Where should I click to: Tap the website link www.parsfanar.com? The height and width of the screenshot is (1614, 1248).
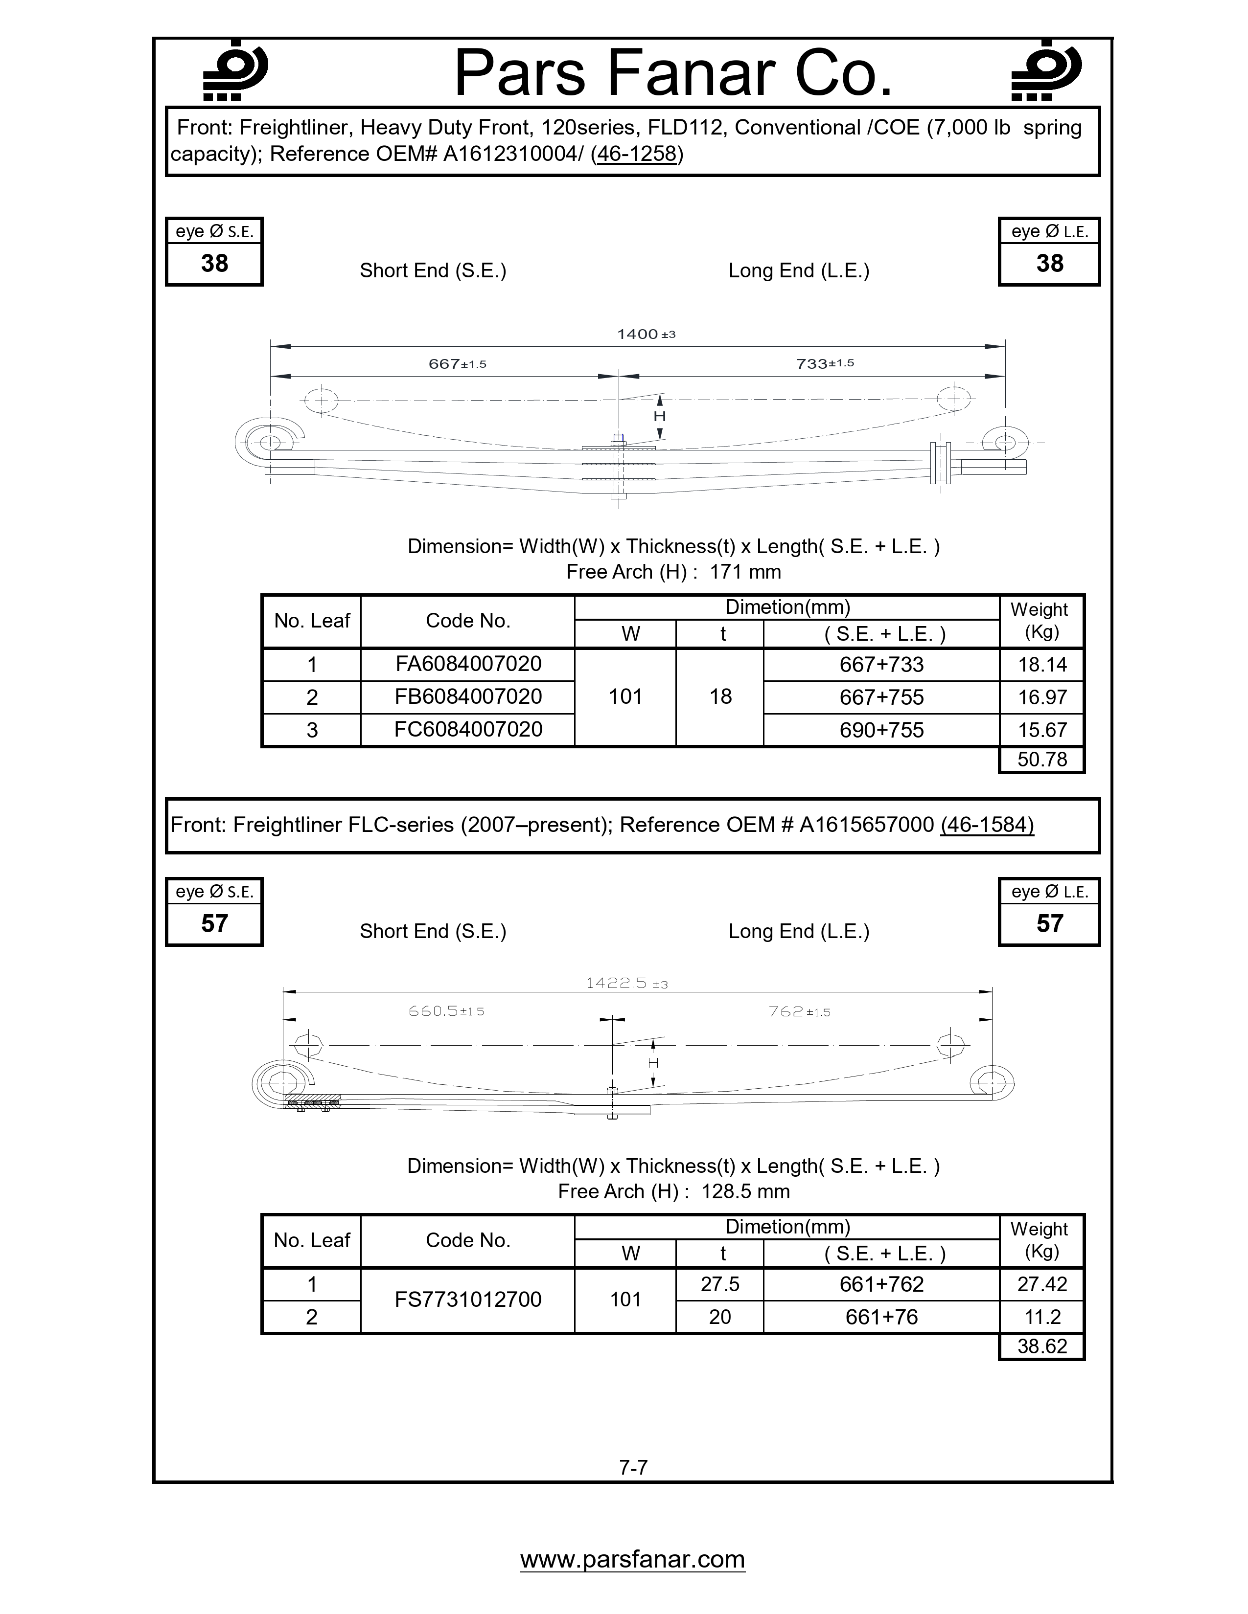pos(632,1559)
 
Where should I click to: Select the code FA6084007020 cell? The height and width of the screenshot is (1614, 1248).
pos(468,664)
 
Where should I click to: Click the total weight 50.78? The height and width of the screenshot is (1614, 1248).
pos(1042,760)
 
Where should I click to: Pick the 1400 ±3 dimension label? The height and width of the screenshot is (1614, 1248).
pos(646,334)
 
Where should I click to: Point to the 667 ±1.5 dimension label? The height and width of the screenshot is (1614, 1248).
pos(457,363)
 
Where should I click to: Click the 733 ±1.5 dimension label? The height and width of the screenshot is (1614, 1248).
pos(824,363)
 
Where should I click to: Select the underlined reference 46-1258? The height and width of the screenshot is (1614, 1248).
pos(637,154)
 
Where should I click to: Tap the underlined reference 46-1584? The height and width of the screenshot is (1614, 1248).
pos(987,825)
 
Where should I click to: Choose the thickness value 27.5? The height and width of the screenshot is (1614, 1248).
pos(720,1284)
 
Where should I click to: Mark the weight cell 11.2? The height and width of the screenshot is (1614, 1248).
pos(1042,1317)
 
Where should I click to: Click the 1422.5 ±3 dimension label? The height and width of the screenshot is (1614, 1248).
pos(626,983)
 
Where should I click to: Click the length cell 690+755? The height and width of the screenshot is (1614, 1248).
pos(881,730)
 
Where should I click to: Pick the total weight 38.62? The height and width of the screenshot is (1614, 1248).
pos(1042,1346)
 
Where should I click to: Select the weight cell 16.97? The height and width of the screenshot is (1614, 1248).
pos(1042,697)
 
